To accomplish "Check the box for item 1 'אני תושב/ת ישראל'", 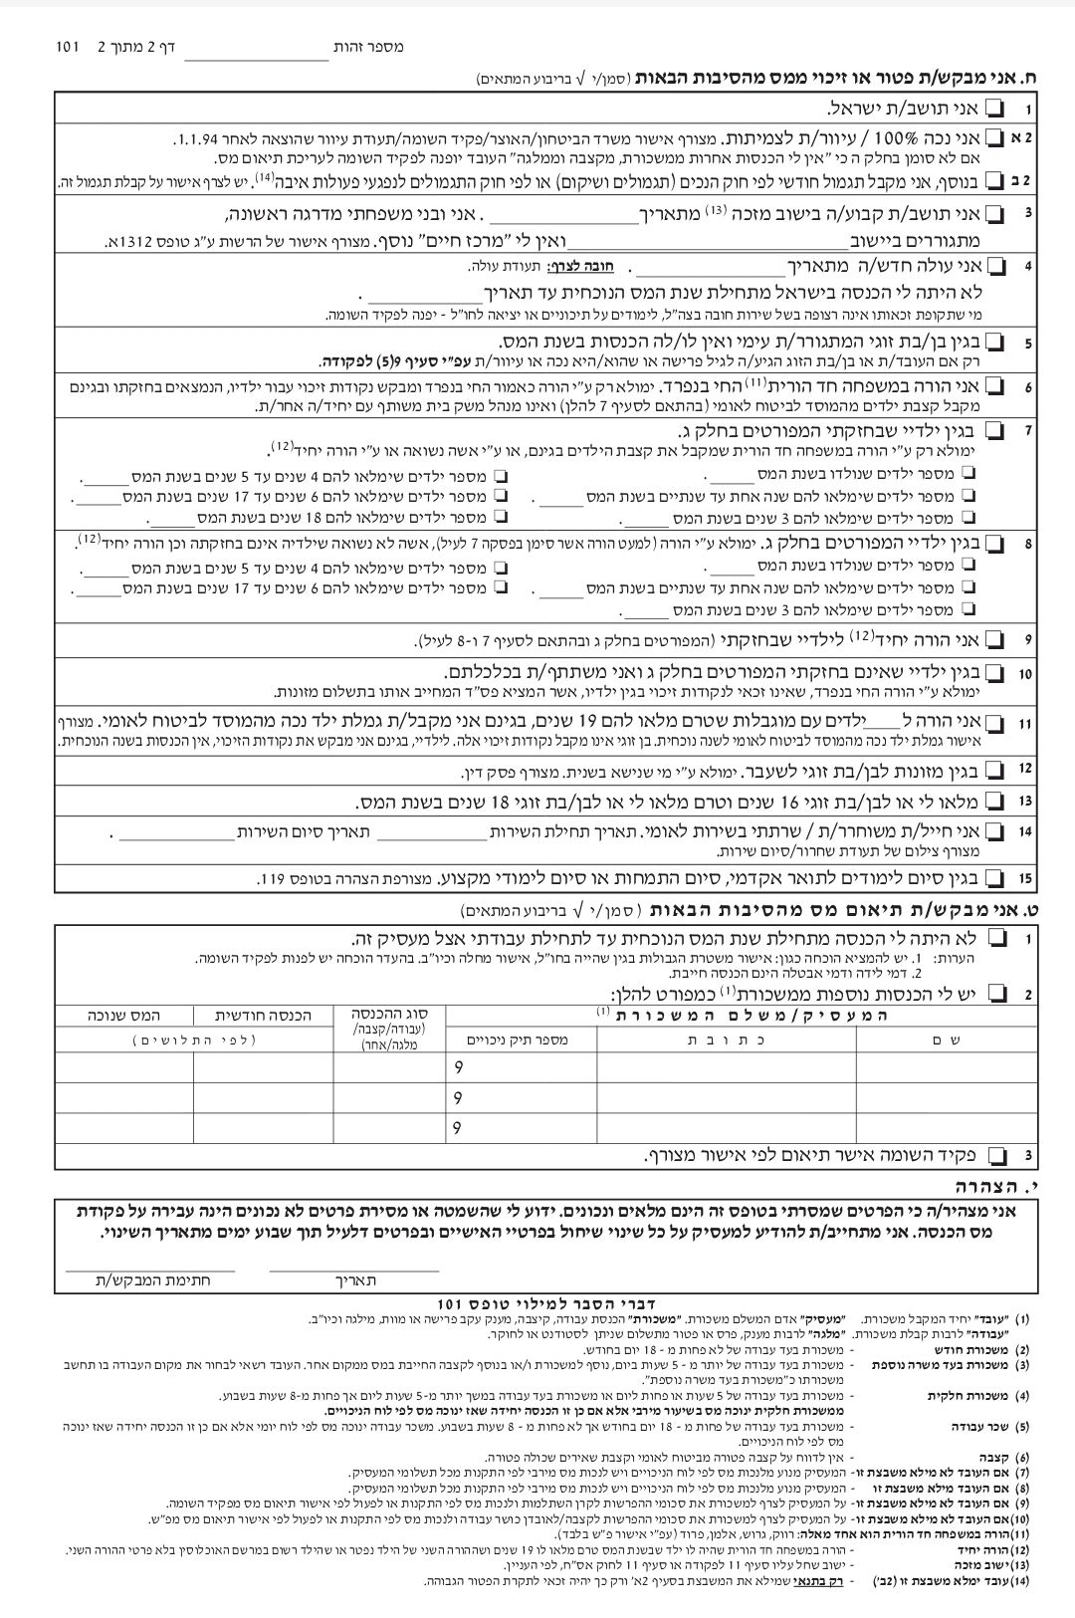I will click(x=995, y=109).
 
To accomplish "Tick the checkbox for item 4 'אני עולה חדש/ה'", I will click(x=995, y=267).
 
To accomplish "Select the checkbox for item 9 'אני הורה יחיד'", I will click(x=995, y=639).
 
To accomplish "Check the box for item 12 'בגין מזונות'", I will click(x=995, y=771).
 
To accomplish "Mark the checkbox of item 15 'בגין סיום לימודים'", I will click(x=995, y=878).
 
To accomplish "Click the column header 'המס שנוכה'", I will click(x=123, y=1015).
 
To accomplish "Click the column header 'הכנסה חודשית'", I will click(x=264, y=1015).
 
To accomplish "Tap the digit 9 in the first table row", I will click(x=457, y=1067).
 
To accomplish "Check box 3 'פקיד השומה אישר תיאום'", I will click(x=995, y=1155).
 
